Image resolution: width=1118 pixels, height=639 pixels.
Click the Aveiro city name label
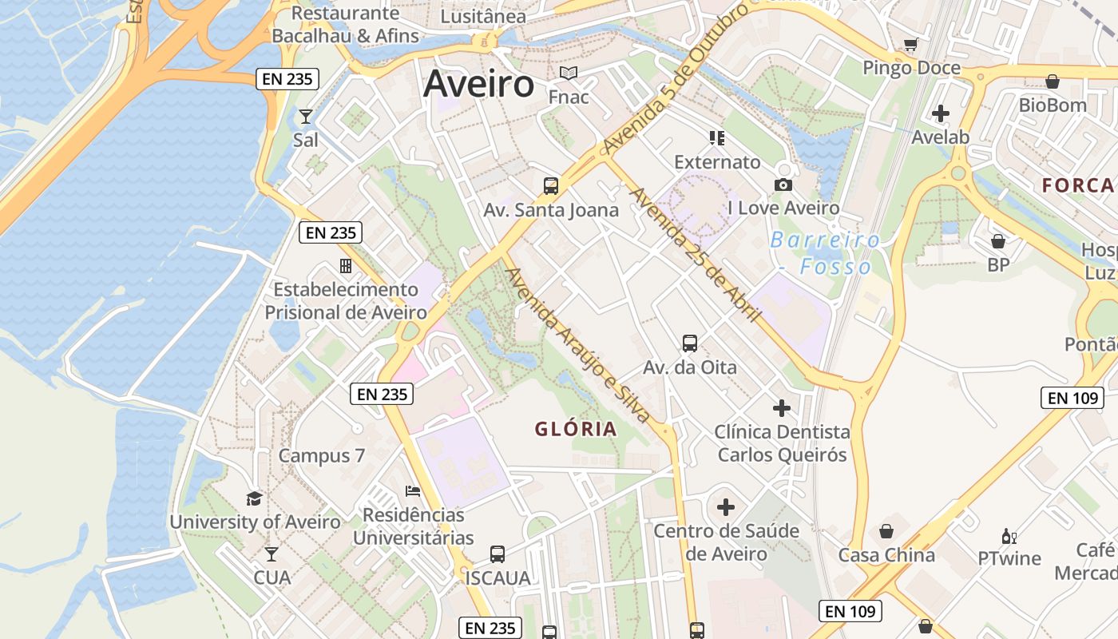pyautogui.click(x=478, y=84)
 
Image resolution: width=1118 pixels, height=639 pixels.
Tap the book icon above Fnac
pyautogui.click(x=569, y=73)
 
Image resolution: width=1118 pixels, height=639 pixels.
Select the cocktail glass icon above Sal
pyautogui.click(x=306, y=117)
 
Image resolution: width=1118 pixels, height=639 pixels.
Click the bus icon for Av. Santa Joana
pyautogui.click(x=551, y=186)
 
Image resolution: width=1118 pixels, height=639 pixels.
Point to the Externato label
pyautogui.click(x=717, y=162)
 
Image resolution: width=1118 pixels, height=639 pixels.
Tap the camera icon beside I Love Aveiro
pyautogui.click(x=783, y=185)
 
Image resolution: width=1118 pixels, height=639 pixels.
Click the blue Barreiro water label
pyautogui.click(x=825, y=240)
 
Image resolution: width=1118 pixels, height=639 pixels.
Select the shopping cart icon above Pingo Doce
pyautogui.click(x=910, y=45)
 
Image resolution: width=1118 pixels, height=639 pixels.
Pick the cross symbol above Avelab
pyautogui.click(x=941, y=113)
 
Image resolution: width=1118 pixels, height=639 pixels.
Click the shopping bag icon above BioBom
pyautogui.click(x=1053, y=81)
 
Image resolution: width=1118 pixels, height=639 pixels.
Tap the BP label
pyautogui.click(x=998, y=264)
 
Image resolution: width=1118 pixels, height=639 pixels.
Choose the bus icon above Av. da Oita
pyautogui.click(x=690, y=343)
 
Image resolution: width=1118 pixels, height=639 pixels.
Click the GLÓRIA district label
pyautogui.click(x=576, y=429)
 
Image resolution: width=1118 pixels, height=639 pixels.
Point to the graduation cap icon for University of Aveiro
pyautogui.click(x=254, y=499)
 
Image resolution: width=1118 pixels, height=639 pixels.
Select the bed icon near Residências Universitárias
pyautogui.click(x=413, y=490)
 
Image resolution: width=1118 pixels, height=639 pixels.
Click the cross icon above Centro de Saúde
pyautogui.click(x=726, y=507)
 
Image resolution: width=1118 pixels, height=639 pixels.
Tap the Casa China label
pyautogui.click(x=886, y=555)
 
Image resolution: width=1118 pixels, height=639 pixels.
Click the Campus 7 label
pyautogui.click(x=321, y=456)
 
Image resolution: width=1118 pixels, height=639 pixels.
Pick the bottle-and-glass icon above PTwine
pyautogui.click(x=1009, y=537)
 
